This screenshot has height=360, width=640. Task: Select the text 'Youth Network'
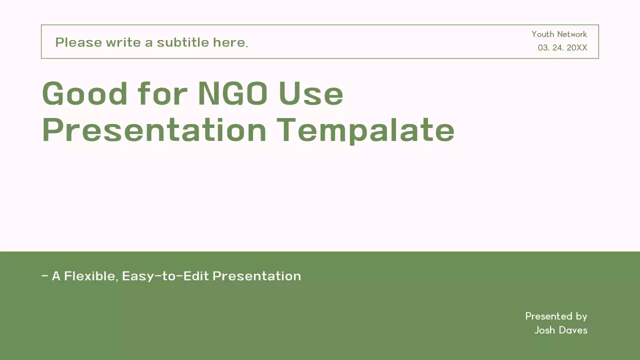[559, 34]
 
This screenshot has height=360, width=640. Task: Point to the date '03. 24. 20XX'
[562, 48]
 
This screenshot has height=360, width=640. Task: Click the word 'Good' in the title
[85, 93]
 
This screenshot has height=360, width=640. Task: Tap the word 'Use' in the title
[311, 93]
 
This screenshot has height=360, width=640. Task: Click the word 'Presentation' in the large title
[154, 130]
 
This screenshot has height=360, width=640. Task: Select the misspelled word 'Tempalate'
[365, 130]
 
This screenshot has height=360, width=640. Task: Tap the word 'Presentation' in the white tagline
[256, 276]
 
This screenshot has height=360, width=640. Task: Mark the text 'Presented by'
[556, 316]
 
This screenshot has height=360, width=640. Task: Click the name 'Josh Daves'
[560, 330]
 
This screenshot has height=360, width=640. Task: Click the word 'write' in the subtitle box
[124, 42]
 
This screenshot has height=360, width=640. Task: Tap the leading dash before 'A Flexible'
[45, 275]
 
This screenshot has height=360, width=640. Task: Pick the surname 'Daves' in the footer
[573, 330]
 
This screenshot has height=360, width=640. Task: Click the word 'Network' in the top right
[572, 34]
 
